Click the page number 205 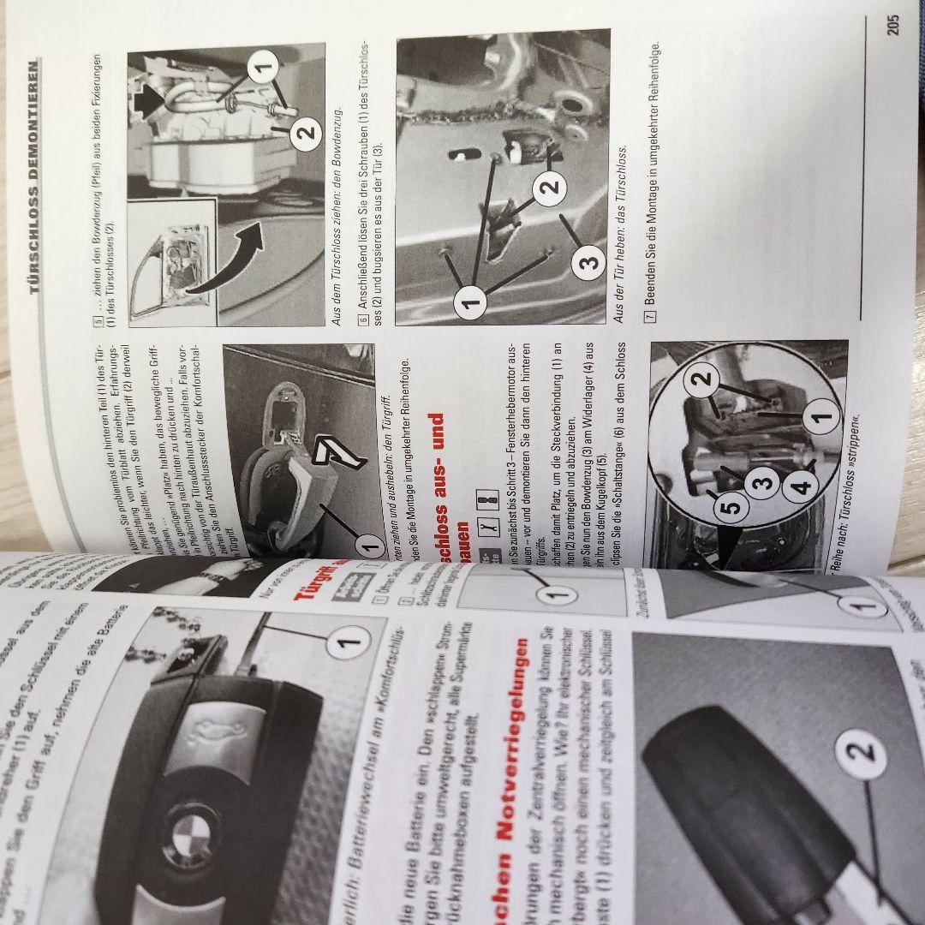pyautogui.click(x=893, y=24)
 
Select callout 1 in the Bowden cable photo pyautogui.click(x=263, y=66)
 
